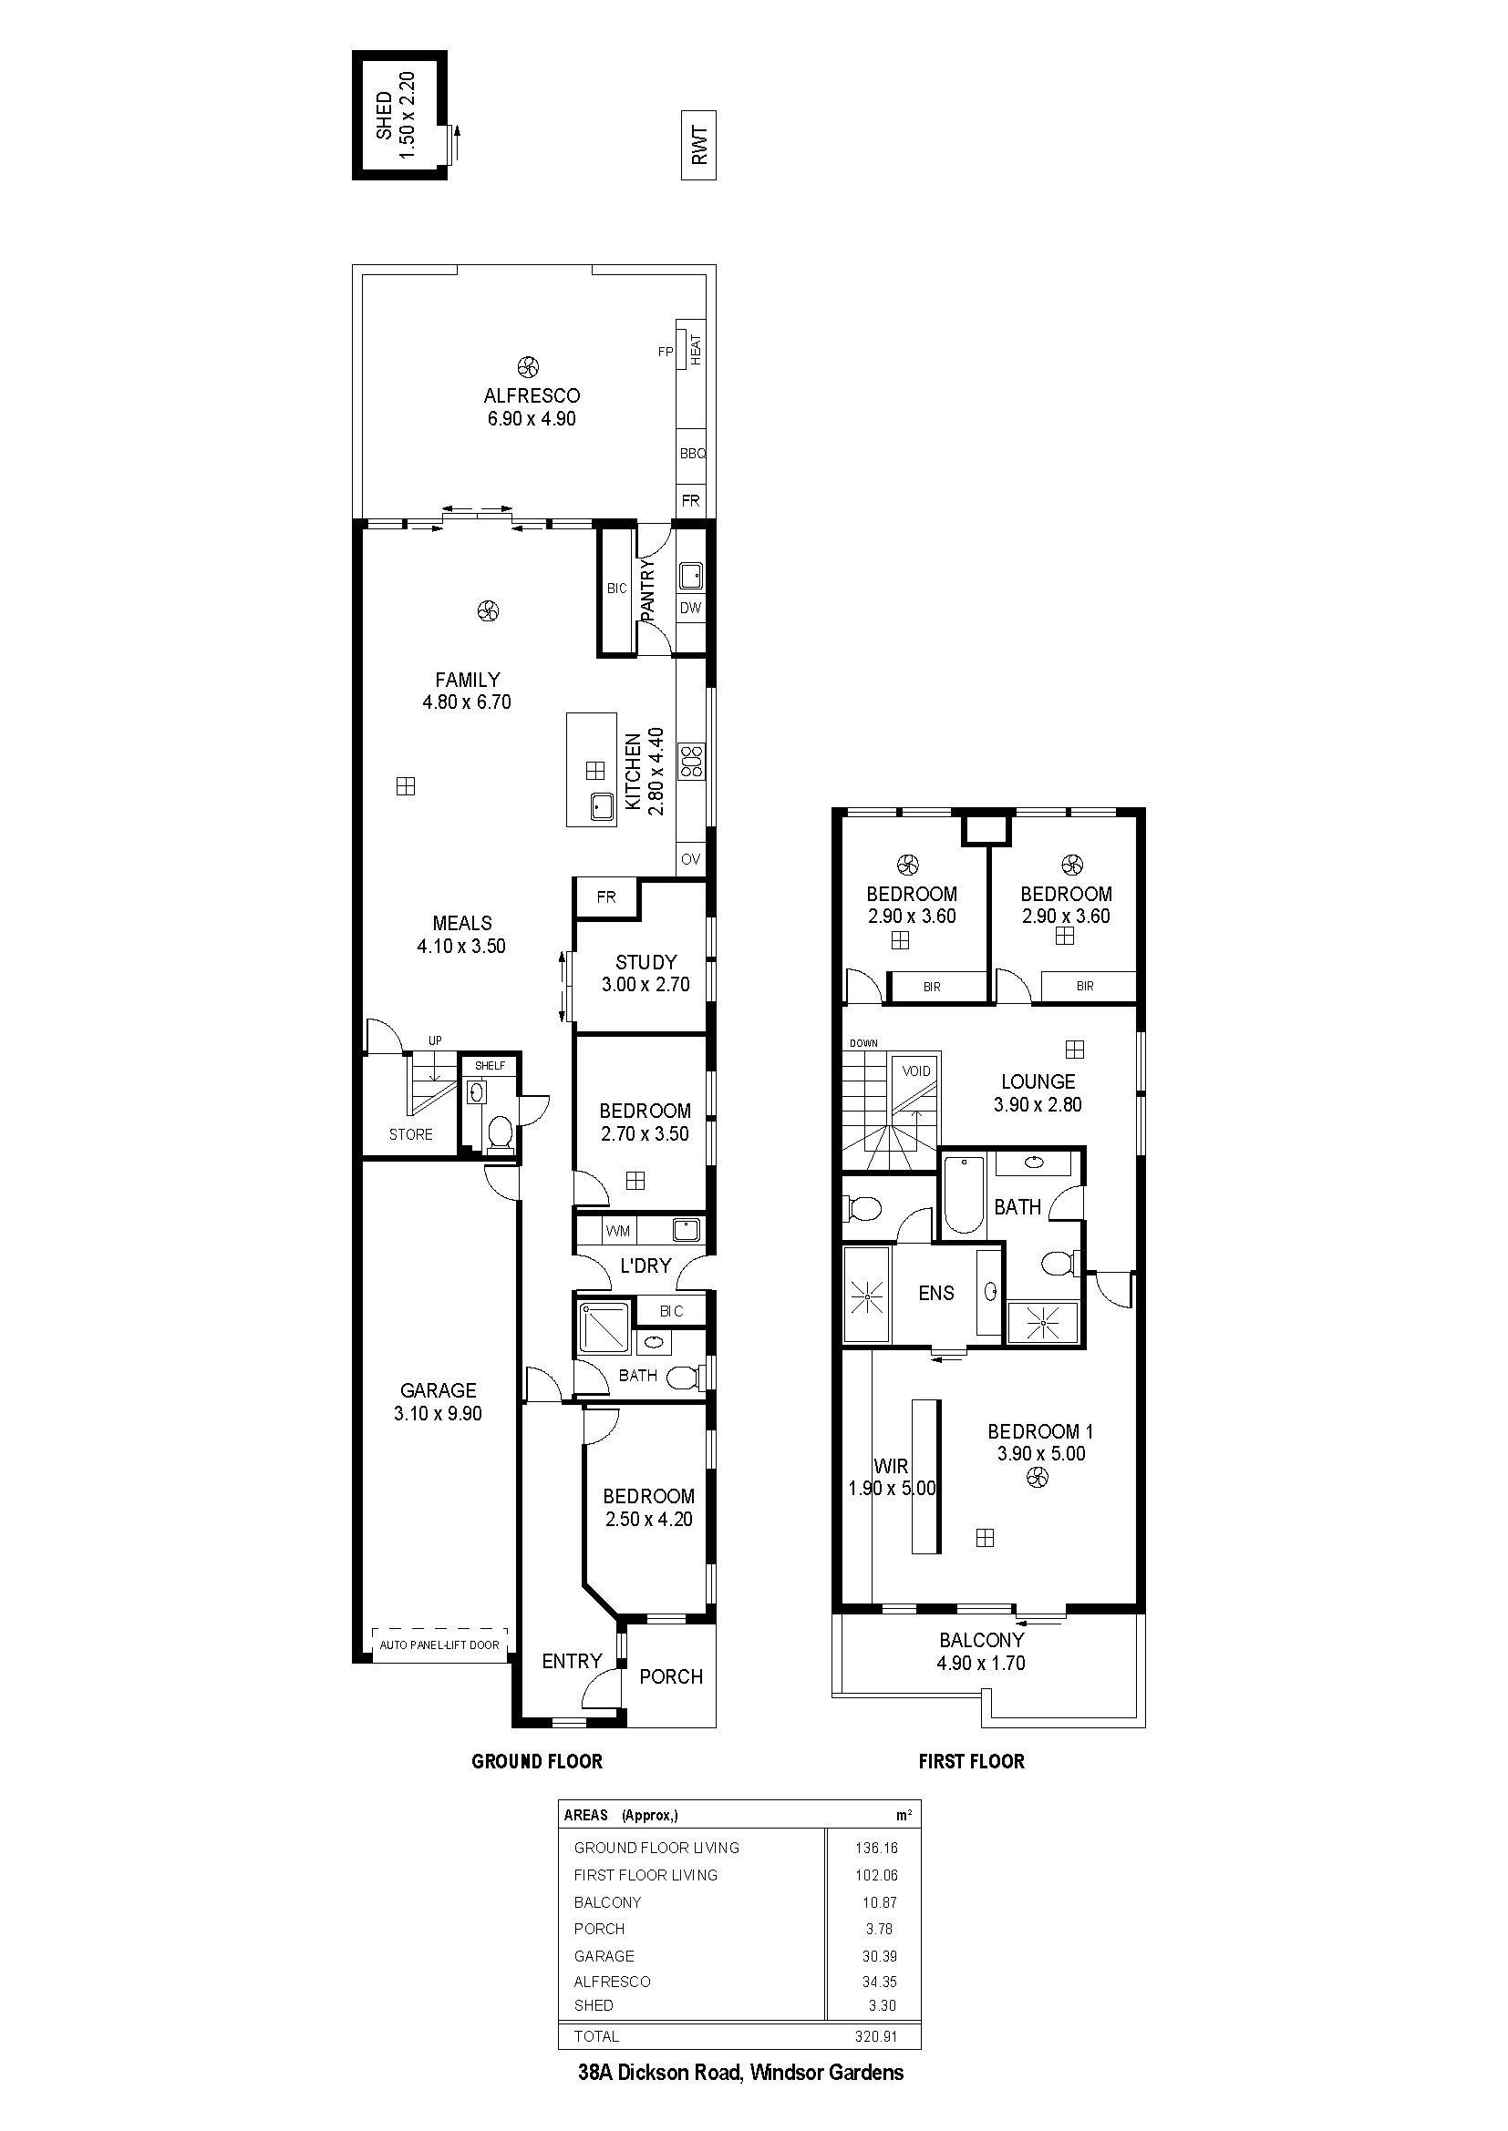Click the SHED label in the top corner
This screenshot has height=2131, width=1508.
(x=384, y=116)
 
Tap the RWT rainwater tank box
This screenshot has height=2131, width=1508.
(x=699, y=146)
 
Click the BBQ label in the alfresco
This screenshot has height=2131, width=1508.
(x=693, y=454)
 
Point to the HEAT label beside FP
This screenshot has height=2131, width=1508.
(x=696, y=349)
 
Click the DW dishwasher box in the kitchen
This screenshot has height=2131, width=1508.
(x=690, y=609)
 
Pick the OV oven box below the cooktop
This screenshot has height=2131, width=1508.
(x=691, y=859)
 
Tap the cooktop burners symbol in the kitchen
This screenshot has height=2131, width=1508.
(x=692, y=760)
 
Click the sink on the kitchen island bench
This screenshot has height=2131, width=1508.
(x=601, y=806)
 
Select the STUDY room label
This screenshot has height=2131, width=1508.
(x=646, y=962)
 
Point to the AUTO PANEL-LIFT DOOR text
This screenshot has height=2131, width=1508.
(x=439, y=1644)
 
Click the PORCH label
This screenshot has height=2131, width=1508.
(x=670, y=1676)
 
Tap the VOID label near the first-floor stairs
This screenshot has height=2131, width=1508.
(x=915, y=1071)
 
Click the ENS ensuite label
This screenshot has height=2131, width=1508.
(x=936, y=1293)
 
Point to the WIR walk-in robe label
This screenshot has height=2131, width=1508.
(x=892, y=1467)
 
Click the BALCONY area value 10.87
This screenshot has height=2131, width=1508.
(x=879, y=1902)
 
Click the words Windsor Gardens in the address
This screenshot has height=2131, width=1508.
(x=826, y=2073)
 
